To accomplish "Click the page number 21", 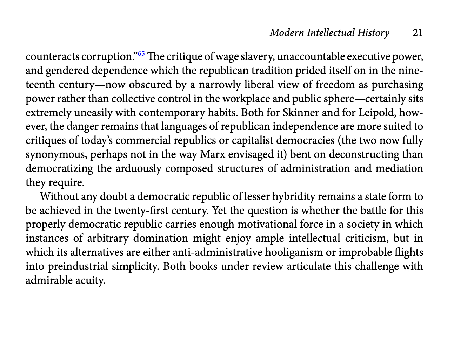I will (x=418, y=33).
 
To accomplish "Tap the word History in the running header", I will (x=373, y=33).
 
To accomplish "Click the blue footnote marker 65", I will (x=141, y=54).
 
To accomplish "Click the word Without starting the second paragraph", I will (x=57, y=197).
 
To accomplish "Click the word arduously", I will (x=139, y=169).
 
